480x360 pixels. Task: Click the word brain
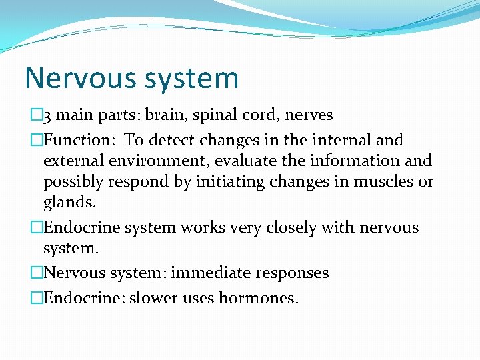[167, 115]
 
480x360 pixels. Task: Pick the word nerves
[309, 115]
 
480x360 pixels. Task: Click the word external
[71, 161]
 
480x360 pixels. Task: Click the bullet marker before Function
[37, 140]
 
